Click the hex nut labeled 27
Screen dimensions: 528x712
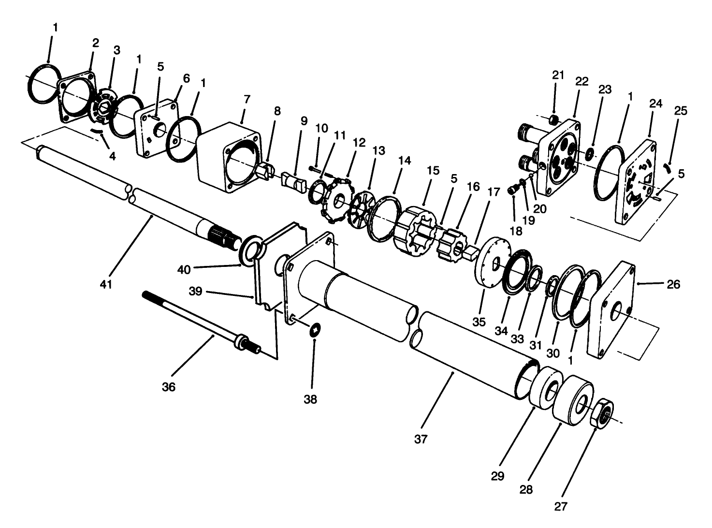(x=602, y=413)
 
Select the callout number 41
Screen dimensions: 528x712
(x=106, y=284)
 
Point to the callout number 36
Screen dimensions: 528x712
(x=169, y=387)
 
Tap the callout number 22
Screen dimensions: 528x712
(x=581, y=82)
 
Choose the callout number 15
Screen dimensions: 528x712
(x=433, y=171)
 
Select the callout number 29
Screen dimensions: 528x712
(x=497, y=476)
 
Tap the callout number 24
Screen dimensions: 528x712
(x=655, y=103)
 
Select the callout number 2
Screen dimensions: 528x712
(x=95, y=43)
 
